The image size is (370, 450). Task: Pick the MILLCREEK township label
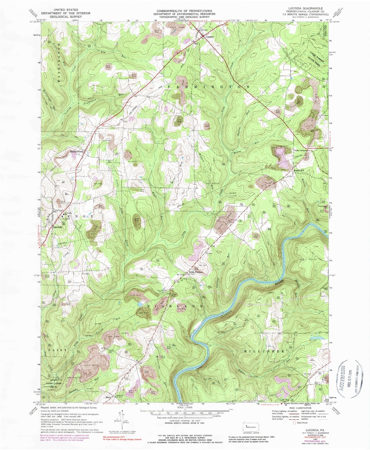click(x=264, y=352)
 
